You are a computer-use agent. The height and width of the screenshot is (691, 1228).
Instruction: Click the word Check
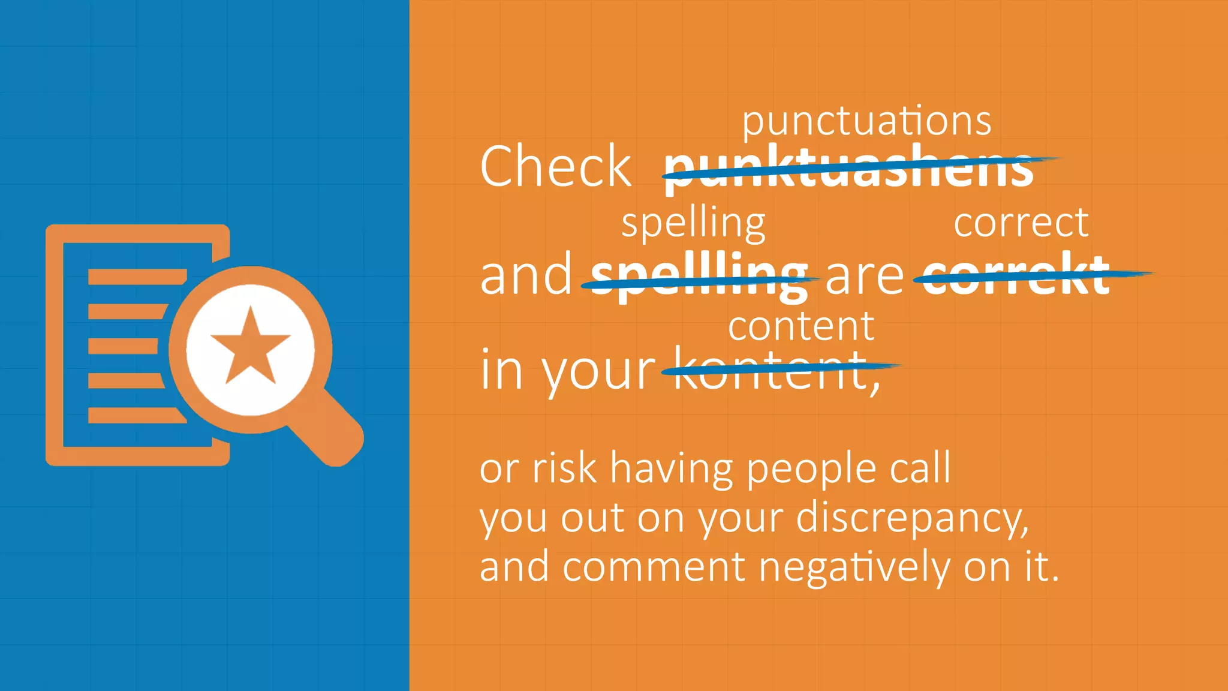pyautogui.click(x=555, y=167)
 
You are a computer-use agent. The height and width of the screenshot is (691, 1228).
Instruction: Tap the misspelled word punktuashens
pyautogui.click(x=848, y=169)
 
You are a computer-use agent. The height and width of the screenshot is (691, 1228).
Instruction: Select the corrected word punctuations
pyautogui.click(x=866, y=122)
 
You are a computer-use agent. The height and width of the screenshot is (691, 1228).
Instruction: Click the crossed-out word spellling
pyautogui.click(x=699, y=276)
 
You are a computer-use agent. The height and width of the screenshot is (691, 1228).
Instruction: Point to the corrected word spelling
pyautogui.click(x=693, y=223)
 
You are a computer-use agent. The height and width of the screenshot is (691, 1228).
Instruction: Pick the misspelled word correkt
pyautogui.click(x=1016, y=276)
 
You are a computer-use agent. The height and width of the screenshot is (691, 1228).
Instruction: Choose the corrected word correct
pyautogui.click(x=1021, y=223)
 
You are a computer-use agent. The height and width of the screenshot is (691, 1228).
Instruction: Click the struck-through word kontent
pyautogui.click(x=770, y=369)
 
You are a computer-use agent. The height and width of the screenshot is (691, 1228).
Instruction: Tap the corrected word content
pyautogui.click(x=801, y=327)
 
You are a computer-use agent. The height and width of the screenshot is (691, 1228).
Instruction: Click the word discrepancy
pyautogui.click(x=911, y=518)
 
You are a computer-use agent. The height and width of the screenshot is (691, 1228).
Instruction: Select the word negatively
pyautogui.click(x=854, y=567)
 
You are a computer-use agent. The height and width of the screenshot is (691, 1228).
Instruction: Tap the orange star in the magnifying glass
pyautogui.click(x=250, y=348)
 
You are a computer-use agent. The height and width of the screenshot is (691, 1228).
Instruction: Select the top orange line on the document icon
pyautogui.click(x=137, y=277)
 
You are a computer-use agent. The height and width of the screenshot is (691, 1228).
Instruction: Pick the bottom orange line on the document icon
pyautogui.click(x=137, y=415)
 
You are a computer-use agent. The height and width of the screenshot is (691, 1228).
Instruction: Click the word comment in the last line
pyautogui.click(x=654, y=567)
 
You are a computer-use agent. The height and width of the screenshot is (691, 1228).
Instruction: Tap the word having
pyautogui.click(x=672, y=469)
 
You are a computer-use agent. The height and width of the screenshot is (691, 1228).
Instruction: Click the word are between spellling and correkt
pyautogui.click(x=864, y=276)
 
